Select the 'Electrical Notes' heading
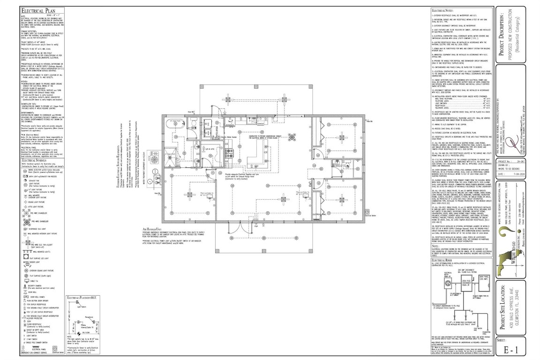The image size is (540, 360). (x=444, y=9)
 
